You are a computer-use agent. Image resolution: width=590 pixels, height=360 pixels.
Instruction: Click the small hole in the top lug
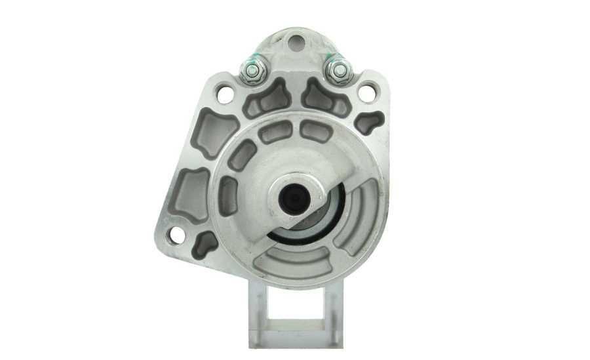tap(296, 44)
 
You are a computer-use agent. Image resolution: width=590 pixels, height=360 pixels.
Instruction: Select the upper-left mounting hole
tap(225, 94)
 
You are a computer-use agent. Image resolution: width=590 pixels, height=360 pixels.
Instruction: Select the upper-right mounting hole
tap(367, 92)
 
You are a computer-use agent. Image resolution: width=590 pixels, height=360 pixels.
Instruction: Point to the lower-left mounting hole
tap(176, 234)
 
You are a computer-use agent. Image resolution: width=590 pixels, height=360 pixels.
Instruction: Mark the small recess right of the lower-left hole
tap(206, 243)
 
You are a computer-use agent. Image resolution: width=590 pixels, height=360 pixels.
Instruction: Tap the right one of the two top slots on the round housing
tap(315, 132)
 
